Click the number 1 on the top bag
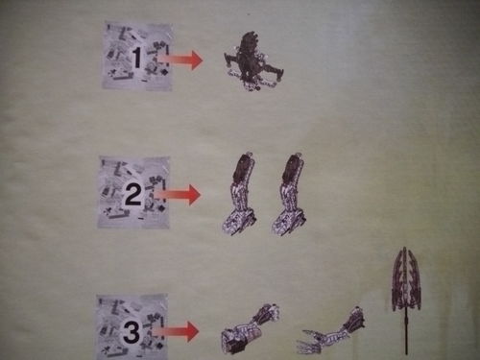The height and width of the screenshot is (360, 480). point(137,59)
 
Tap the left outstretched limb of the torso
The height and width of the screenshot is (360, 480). point(233,66)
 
